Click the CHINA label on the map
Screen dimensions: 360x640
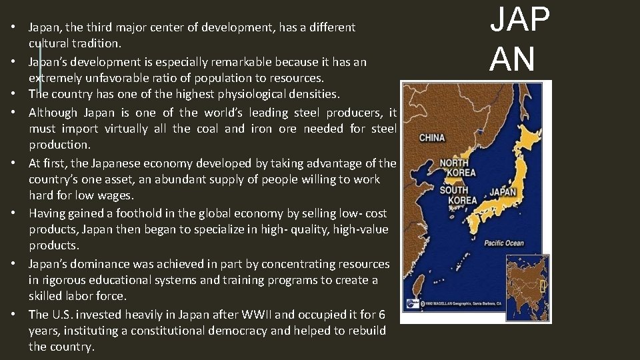click(432, 138)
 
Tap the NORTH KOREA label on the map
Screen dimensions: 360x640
click(455, 167)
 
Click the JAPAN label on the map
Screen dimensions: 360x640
click(503, 193)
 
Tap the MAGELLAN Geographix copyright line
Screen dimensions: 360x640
click(461, 302)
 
